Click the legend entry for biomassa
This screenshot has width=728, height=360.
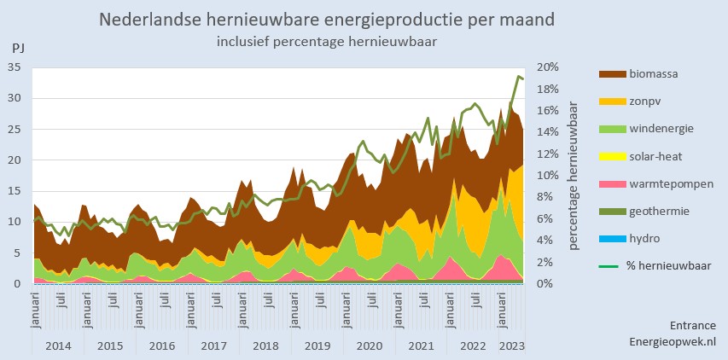point(654,74)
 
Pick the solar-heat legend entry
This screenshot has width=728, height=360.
point(655,156)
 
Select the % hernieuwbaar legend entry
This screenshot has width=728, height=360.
point(669,265)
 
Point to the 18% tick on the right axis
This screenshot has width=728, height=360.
point(547,89)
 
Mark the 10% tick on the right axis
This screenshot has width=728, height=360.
point(547,175)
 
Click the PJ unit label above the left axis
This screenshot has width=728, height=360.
point(18,49)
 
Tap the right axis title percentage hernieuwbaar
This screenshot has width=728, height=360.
point(574,175)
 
